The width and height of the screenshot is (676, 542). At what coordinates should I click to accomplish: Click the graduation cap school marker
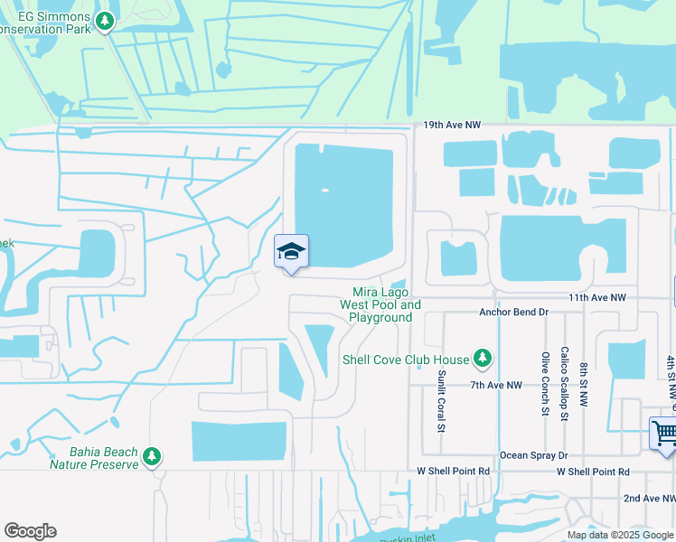tap(291, 252)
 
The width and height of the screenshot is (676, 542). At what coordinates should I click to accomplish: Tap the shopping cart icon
tap(662, 433)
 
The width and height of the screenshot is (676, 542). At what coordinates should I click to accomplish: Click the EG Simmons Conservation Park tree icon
tap(105, 20)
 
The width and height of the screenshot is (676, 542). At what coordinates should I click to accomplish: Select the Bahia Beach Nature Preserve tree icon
tap(154, 457)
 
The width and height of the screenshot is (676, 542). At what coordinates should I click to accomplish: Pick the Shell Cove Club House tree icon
tap(483, 360)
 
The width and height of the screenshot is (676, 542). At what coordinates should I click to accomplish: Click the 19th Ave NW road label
tap(452, 126)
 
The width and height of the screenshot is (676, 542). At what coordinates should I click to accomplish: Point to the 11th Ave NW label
tap(597, 297)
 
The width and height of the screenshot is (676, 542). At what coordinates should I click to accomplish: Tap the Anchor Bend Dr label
tap(513, 313)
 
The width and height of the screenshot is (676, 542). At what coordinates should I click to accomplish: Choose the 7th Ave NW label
tap(496, 385)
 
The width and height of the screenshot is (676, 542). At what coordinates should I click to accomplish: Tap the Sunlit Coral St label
tap(442, 400)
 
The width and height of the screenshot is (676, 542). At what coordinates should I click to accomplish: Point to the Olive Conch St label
tap(545, 384)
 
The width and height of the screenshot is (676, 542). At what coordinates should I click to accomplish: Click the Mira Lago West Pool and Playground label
tap(380, 304)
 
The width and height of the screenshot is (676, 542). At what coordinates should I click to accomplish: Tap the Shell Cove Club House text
tap(406, 360)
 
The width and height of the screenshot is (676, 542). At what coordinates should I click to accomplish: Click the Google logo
tap(30, 531)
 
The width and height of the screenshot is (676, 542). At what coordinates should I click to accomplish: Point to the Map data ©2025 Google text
tap(619, 535)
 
